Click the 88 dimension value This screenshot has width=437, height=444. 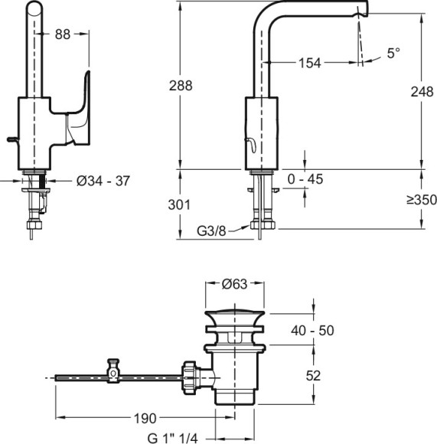(x=63, y=34)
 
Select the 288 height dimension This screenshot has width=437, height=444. (x=181, y=86)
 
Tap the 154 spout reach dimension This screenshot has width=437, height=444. (x=310, y=63)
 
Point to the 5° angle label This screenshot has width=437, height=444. (x=393, y=54)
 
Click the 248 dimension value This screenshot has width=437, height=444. (x=422, y=92)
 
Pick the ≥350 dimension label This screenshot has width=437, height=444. (x=422, y=200)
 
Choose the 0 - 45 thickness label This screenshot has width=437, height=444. (x=305, y=179)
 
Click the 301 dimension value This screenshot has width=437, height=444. (x=179, y=204)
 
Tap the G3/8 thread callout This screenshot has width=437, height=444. (x=211, y=231)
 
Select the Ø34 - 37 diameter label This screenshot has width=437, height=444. (x=103, y=181)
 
